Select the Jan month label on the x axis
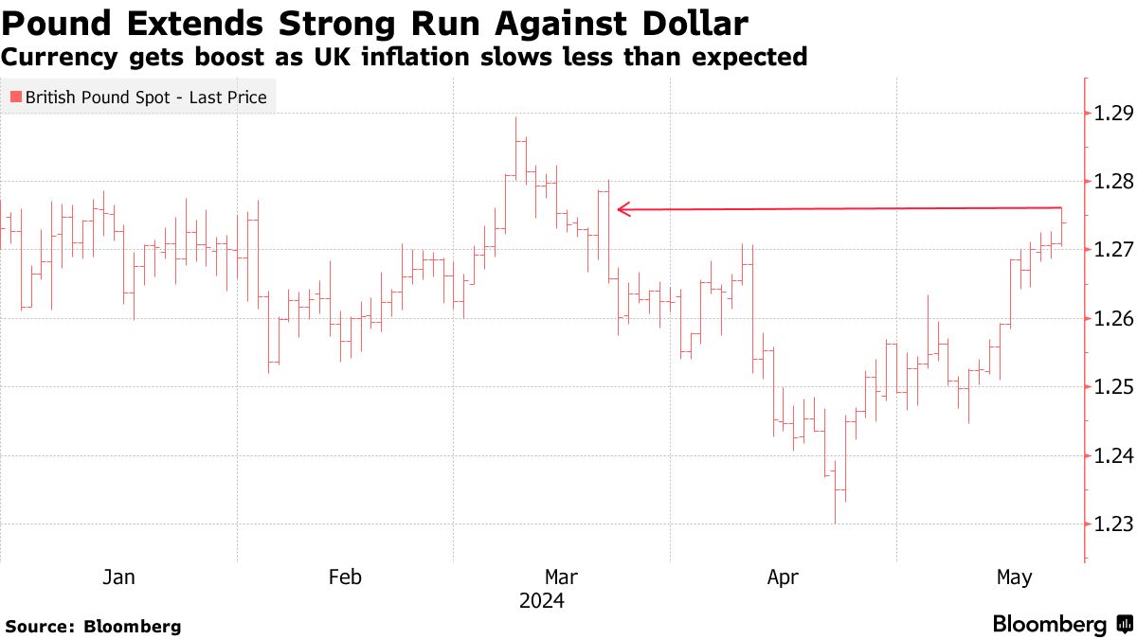click(118, 577)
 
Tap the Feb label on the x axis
click(344, 577)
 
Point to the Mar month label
click(562, 577)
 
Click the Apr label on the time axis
click(783, 577)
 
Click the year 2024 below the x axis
click(541, 601)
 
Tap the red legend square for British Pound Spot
click(15, 98)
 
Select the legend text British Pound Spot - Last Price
click(146, 98)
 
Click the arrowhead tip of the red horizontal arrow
click(618, 209)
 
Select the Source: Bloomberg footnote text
click(93, 626)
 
